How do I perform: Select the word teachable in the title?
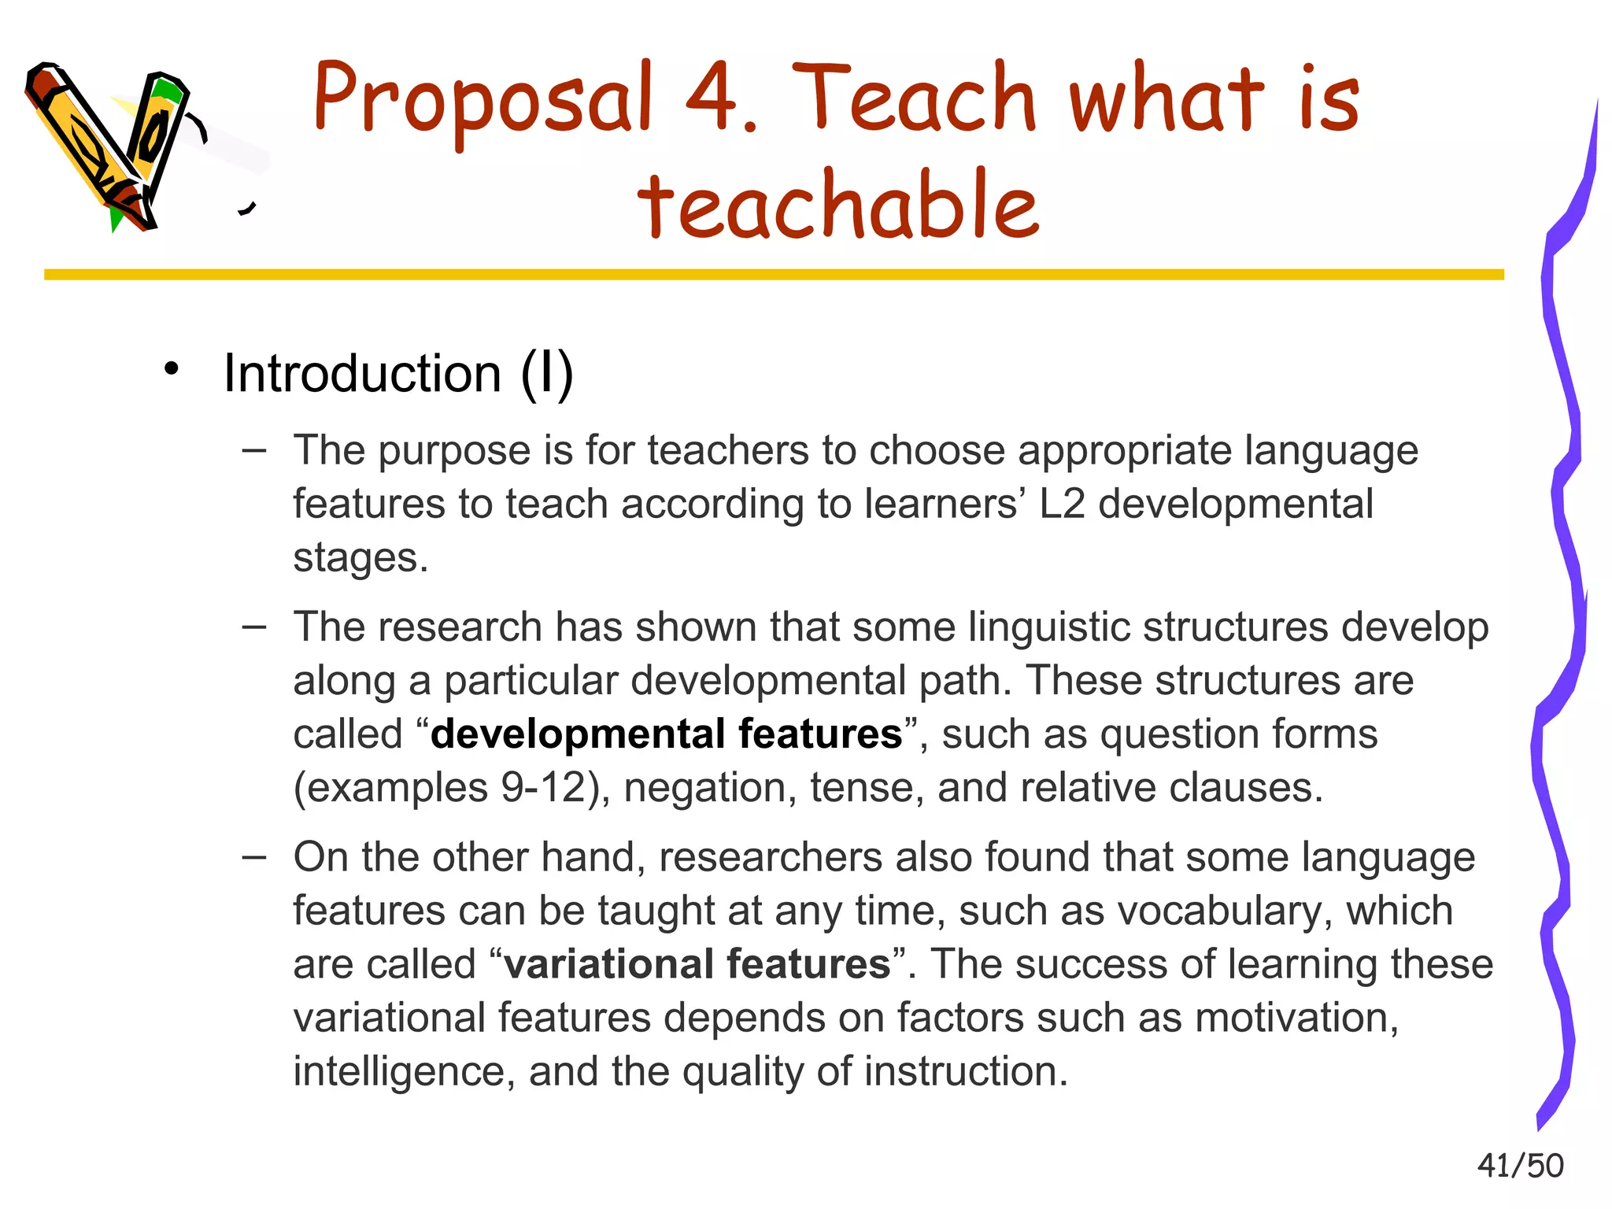click(838, 205)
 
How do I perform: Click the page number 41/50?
click(1520, 1166)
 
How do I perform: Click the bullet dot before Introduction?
click(172, 368)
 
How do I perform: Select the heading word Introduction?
click(362, 373)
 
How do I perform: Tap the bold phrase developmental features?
click(666, 734)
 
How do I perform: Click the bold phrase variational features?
click(697, 964)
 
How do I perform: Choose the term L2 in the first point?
click(1062, 505)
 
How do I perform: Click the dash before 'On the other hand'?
click(254, 856)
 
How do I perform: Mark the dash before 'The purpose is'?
click(254, 450)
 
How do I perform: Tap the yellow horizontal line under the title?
click(771, 275)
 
